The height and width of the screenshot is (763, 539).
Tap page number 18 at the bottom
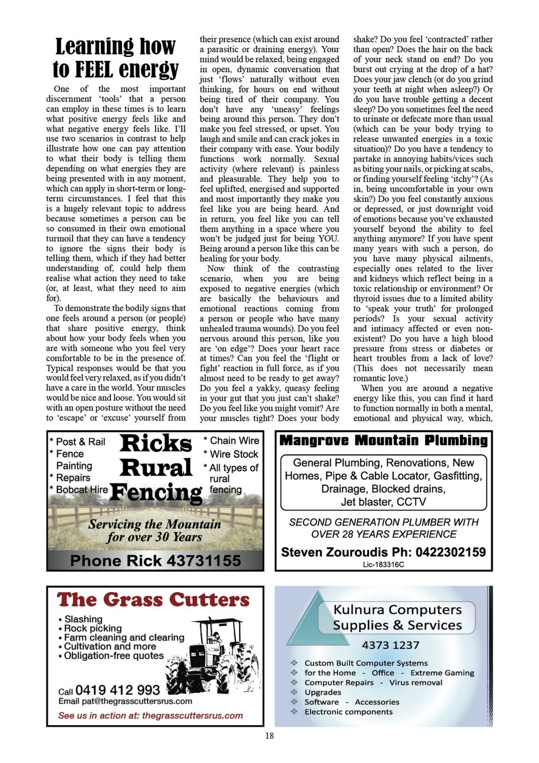269,736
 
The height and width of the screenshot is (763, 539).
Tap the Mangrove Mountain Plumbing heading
383,440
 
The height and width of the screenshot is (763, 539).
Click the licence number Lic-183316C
383,564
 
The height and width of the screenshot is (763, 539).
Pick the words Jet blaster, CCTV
383,502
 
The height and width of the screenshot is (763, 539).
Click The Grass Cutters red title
153,600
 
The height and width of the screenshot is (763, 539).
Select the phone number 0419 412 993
117,690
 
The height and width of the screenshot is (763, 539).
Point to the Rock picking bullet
93,628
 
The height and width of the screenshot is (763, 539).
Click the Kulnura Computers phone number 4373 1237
390,645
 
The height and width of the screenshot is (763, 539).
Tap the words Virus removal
416,682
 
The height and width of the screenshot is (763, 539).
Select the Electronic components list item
348,712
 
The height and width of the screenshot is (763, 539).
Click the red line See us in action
150,716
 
